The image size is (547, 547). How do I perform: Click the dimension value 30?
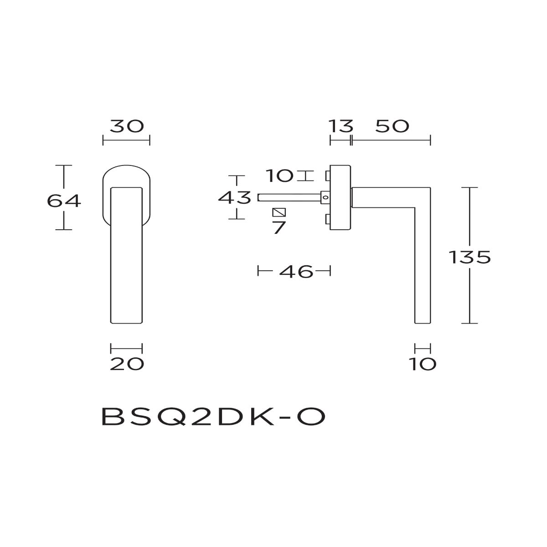[x=127, y=126]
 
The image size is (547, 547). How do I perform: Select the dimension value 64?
[x=64, y=201]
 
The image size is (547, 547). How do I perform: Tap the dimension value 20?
[x=127, y=364]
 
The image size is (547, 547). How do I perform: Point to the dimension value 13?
[x=341, y=126]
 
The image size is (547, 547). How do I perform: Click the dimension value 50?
[x=392, y=126]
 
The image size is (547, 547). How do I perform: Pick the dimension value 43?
[x=235, y=197]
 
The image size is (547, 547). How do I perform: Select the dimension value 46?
[x=296, y=272]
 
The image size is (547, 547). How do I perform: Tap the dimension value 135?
[x=470, y=258]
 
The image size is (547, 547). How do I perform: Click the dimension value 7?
[x=279, y=227]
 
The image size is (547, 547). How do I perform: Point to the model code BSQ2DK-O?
[x=213, y=416]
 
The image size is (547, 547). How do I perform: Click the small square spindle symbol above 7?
[x=279, y=212]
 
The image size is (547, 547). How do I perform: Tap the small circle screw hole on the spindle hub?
[x=325, y=197]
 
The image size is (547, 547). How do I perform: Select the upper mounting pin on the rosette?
[x=327, y=175]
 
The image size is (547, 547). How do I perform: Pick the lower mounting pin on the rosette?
[x=327, y=221]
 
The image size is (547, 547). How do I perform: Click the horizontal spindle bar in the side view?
[x=289, y=197]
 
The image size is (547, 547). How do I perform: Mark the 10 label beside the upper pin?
[x=279, y=175]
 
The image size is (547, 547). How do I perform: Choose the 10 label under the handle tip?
[x=423, y=364]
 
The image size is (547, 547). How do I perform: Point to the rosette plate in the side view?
[x=340, y=197]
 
